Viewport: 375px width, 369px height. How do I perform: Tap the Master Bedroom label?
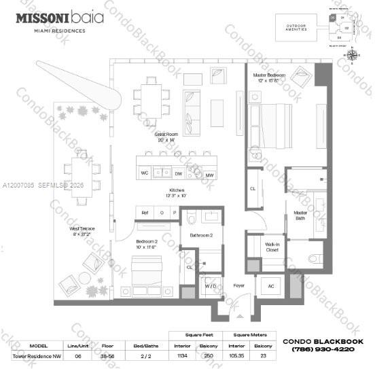[x=270, y=77]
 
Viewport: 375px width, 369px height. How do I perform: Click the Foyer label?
[x=238, y=285]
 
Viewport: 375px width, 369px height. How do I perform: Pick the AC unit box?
[x=271, y=286]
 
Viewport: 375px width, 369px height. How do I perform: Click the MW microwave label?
[x=211, y=174]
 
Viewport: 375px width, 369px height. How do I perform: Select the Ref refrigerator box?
[x=145, y=213]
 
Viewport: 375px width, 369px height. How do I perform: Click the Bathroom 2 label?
[x=201, y=235]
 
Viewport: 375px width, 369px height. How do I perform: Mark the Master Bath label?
[x=300, y=215]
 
